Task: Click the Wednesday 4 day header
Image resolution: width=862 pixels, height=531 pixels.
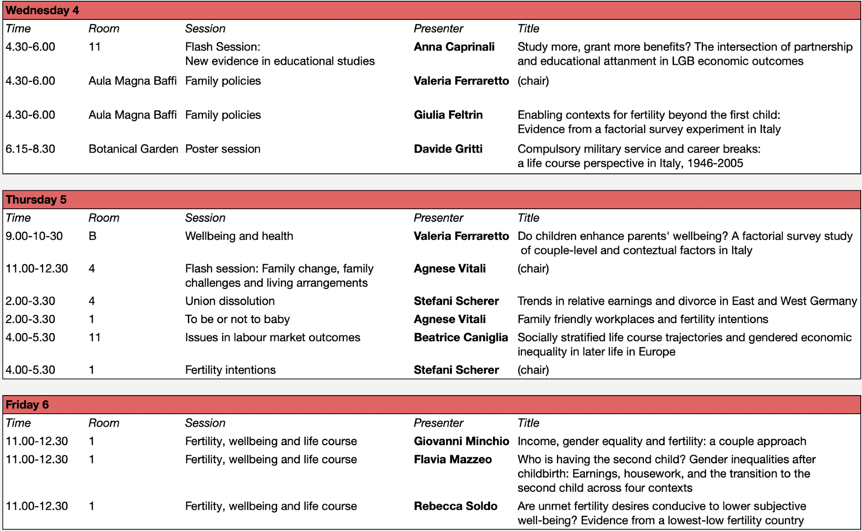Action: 42,10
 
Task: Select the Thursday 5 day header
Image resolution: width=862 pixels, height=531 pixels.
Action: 36,200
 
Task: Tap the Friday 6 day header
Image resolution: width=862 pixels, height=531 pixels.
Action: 27,405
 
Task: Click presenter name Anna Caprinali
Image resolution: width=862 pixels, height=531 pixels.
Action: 454,47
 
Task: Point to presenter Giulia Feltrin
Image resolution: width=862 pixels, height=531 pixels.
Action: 448,115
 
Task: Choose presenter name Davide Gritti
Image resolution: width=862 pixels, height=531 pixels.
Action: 448,149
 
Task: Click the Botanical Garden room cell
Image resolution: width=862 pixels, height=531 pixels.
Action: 133,149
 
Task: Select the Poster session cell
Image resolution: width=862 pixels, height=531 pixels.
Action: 223,149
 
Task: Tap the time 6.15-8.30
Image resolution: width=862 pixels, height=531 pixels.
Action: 30,149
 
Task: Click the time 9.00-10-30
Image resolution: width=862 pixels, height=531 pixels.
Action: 34,236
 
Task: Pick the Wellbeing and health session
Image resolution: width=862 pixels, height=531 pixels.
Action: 239,236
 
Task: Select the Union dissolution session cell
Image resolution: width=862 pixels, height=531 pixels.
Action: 230,301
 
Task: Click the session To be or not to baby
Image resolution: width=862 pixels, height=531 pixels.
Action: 237,319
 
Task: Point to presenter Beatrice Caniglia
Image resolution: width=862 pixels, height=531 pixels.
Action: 460,337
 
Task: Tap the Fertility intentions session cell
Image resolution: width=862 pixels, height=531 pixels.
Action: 230,370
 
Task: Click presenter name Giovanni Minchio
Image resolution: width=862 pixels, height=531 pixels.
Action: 461,441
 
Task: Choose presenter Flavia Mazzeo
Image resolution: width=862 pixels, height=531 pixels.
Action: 453,459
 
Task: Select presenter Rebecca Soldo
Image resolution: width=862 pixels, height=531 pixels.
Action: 455,506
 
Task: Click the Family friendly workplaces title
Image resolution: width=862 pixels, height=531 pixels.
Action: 643,319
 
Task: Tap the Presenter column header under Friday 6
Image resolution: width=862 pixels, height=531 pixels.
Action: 438,423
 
